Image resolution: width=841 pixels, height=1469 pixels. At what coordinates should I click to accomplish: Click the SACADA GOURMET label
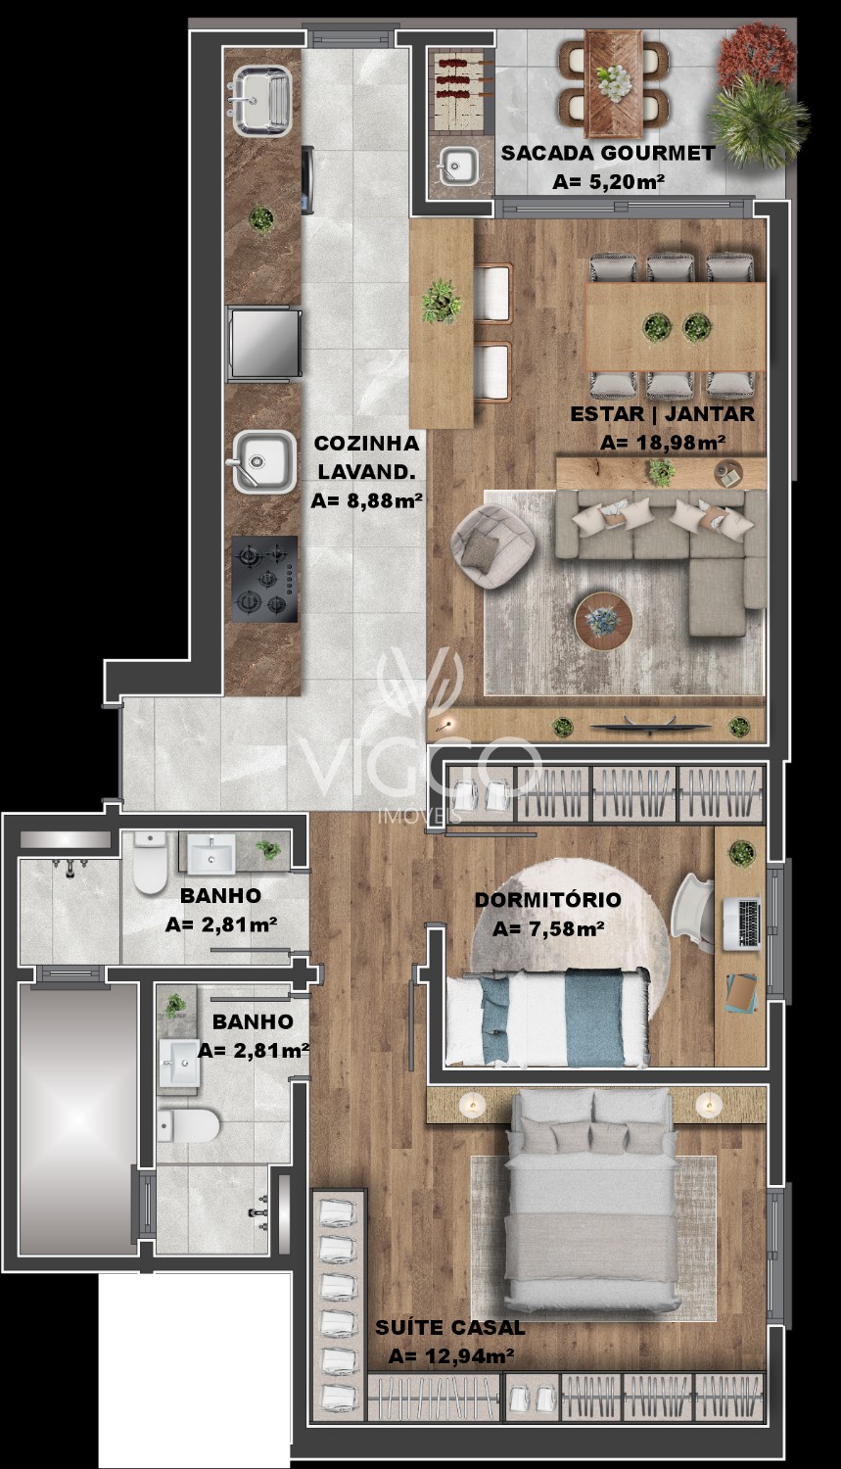point(608,154)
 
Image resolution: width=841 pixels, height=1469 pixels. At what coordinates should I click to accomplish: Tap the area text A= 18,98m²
point(663,443)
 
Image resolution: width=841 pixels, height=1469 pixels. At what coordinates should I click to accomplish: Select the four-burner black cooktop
point(264,579)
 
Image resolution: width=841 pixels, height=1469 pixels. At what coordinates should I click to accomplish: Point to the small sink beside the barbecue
point(458,166)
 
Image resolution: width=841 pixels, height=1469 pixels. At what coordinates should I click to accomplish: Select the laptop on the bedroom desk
point(741,924)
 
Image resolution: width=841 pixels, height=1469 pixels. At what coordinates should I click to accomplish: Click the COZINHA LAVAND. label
point(366,457)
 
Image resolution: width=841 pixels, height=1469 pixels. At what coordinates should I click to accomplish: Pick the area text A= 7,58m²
point(548,929)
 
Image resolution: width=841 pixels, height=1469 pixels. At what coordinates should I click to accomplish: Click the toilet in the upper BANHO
point(150,862)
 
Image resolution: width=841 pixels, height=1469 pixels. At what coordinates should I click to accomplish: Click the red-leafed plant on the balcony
point(755,56)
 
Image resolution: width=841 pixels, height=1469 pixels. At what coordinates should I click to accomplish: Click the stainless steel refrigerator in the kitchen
point(263,343)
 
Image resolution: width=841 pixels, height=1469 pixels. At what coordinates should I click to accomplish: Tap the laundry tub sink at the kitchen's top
point(261,100)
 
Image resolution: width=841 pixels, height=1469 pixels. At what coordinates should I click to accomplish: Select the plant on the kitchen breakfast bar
point(442,302)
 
